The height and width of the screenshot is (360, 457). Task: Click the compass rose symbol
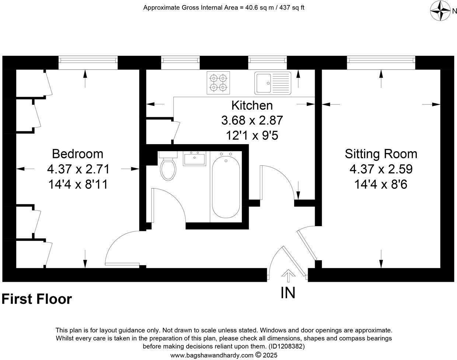pyautogui.click(x=441, y=11)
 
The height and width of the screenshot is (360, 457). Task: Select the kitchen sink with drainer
pyautogui.click(x=272, y=83)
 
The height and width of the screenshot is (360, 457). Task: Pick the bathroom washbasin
pyautogui.click(x=194, y=159)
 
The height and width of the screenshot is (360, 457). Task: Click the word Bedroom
pyautogui.click(x=77, y=153)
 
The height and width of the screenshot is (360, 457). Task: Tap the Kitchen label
pyautogui.click(x=252, y=105)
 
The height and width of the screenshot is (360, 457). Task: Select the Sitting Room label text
pyautogui.click(x=381, y=153)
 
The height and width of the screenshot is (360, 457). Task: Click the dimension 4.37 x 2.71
pyautogui.click(x=78, y=169)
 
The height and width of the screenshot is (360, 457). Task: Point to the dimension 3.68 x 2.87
pyautogui.click(x=252, y=120)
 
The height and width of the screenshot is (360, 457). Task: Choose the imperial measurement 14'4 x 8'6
pyautogui.click(x=381, y=184)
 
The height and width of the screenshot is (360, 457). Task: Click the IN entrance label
pyautogui.click(x=288, y=292)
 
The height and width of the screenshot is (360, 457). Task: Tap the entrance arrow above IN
pyautogui.click(x=288, y=275)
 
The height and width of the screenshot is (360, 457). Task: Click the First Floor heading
pyautogui.click(x=36, y=299)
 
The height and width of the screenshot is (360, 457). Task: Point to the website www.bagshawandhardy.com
pyautogui.click(x=212, y=355)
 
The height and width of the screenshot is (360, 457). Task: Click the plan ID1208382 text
pyautogui.click(x=286, y=346)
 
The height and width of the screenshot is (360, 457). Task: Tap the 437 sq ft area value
pyautogui.click(x=290, y=7)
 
